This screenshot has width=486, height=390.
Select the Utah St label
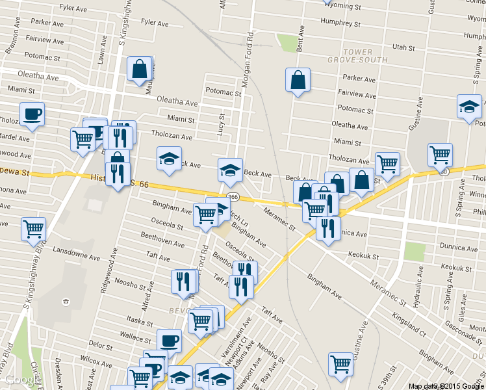[403, 47]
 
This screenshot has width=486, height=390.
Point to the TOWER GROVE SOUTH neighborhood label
[357, 56]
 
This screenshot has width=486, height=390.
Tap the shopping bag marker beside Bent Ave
[298, 80]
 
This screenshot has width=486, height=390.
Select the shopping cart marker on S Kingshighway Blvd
[33, 229]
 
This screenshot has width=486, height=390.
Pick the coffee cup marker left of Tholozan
[32, 114]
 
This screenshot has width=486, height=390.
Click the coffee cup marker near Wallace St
[170, 340]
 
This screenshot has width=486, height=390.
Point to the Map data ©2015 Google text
[446, 385]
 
